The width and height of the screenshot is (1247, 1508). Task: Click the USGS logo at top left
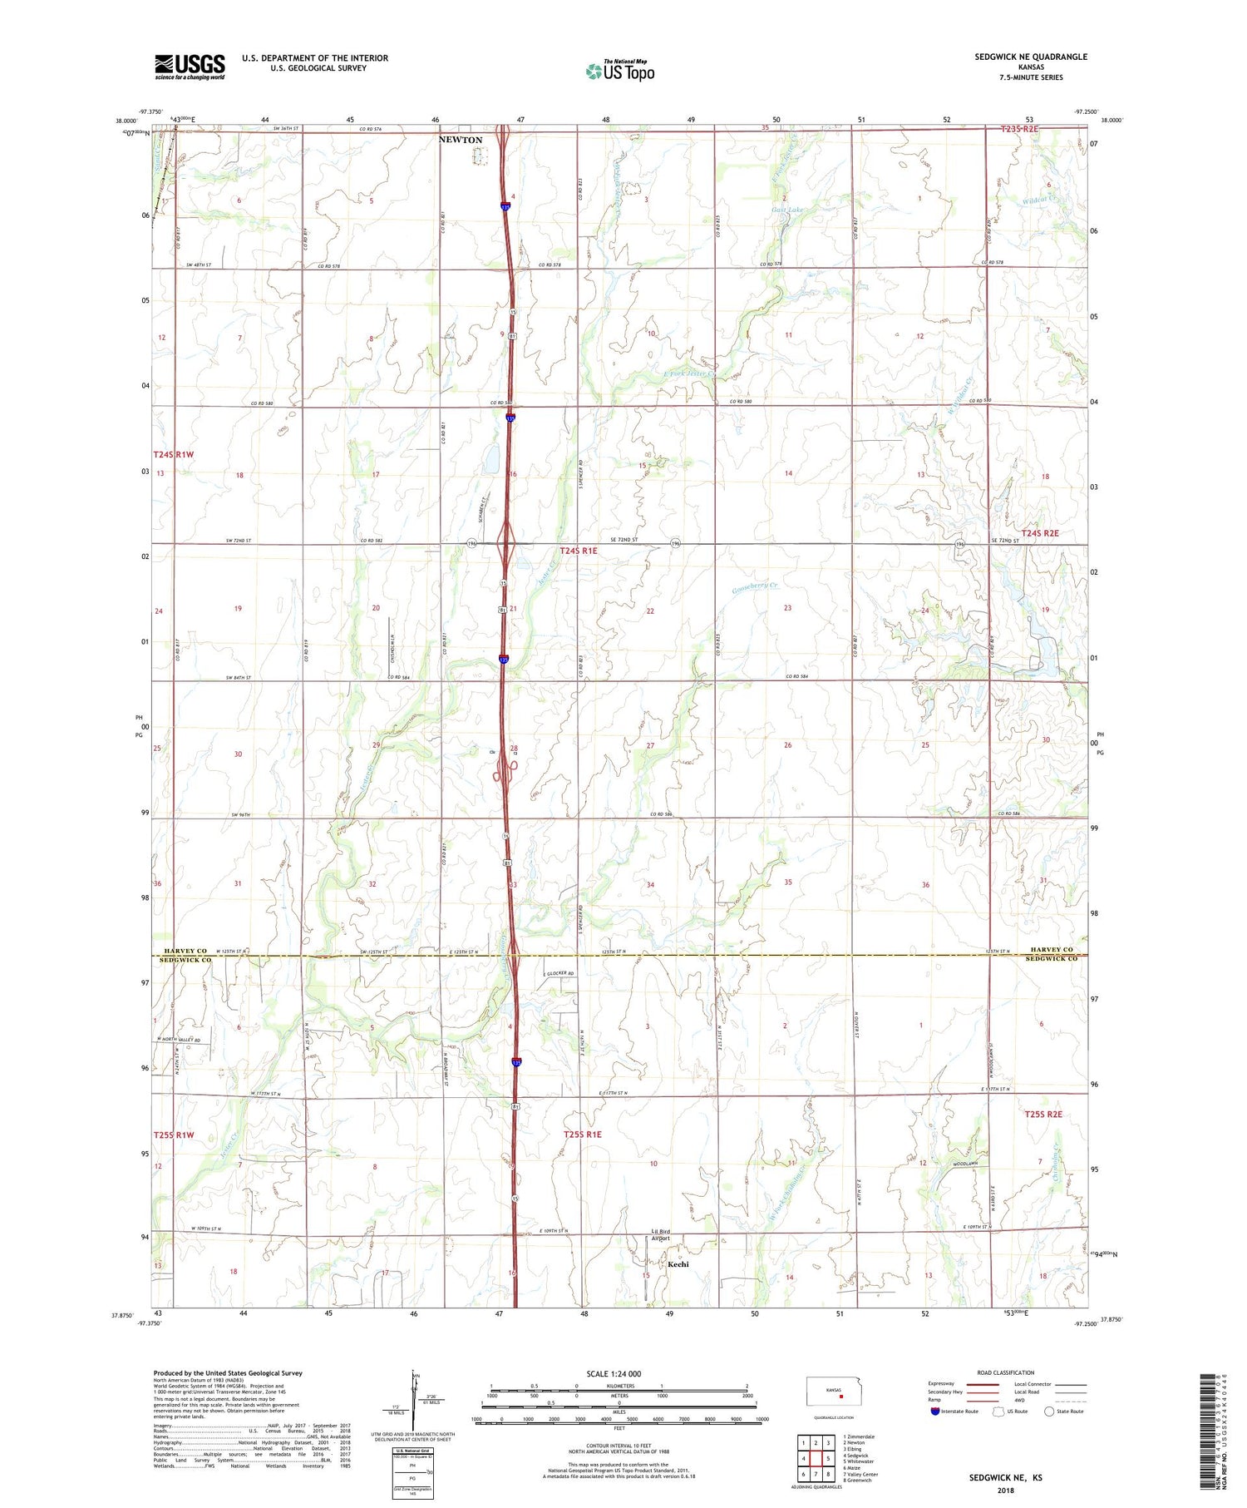[x=190, y=67]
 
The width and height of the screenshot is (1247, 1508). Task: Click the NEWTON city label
[x=461, y=140]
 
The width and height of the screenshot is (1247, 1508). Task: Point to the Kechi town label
[x=678, y=1264]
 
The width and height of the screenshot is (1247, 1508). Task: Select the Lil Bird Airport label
[x=661, y=1234]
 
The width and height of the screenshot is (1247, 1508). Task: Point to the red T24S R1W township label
[x=173, y=454]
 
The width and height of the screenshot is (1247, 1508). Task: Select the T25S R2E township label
[x=1042, y=1115]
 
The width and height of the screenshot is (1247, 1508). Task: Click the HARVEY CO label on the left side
[x=185, y=950]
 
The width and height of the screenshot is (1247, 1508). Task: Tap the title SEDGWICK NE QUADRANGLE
[x=1031, y=57]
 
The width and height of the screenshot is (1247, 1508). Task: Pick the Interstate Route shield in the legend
[x=935, y=1412]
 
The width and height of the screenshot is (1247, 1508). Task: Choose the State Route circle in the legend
[x=1049, y=1412]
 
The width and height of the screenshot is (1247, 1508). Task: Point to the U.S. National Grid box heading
[x=412, y=1451]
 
